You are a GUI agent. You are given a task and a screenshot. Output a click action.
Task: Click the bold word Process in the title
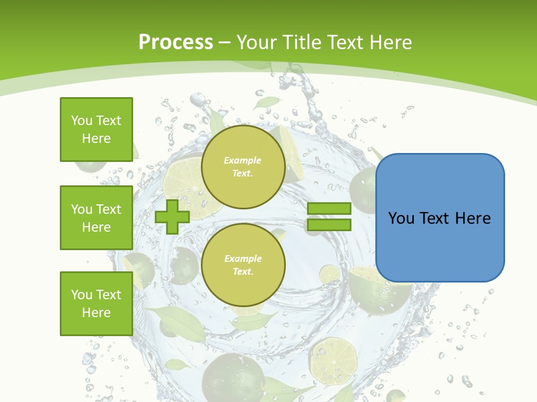coord(176,42)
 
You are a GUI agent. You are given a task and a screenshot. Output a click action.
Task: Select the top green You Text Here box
coord(96,129)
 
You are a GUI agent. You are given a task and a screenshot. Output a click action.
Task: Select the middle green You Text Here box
coord(96,218)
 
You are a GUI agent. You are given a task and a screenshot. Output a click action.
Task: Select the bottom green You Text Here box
coord(96,303)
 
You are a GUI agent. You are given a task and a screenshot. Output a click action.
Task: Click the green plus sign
coord(172,217)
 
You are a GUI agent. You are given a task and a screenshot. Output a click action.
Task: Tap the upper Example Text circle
coord(243,167)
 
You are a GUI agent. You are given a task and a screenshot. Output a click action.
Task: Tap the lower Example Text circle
coord(243,265)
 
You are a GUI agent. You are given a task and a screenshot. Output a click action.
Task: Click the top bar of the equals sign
coord(329,209)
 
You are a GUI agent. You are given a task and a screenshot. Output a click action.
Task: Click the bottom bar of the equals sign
coord(329,225)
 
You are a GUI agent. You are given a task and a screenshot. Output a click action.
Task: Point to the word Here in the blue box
coord(473,218)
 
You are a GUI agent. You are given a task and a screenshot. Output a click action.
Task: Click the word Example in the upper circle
coord(243,160)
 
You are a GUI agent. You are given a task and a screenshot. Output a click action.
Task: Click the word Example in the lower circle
coord(243,259)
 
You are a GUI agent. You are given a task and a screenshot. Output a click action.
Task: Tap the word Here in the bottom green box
coord(96,313)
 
